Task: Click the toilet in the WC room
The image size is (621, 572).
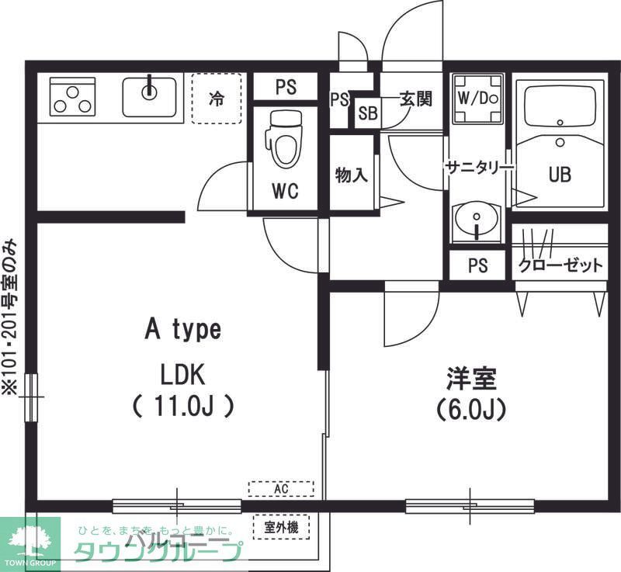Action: [x=283, y=140]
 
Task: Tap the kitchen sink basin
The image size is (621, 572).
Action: [x=150, y=96]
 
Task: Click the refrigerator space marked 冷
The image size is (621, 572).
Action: [x=217, y=99]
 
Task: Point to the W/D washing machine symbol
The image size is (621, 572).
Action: [x=477, y=99]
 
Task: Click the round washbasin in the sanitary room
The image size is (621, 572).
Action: [x=476, y=219]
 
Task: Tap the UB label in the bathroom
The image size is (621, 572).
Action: [x=560, y=175]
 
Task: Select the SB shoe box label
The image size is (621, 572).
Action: [x=367, y=114]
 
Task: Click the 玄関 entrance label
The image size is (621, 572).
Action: [x=415, y=99]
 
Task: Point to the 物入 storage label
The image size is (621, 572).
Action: [x=351, y=175]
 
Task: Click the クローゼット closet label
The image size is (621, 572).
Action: [x=560, y=265]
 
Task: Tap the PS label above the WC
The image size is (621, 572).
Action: [x=286, y=87]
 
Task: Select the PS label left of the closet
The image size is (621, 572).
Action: [x=478, y=265]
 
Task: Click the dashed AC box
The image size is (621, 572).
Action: [x=280, y=489]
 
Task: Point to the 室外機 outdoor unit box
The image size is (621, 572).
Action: [x=281, y=528]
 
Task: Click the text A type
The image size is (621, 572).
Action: [x=183, y=329]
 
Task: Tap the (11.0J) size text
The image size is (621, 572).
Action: [x=183, y=406]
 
